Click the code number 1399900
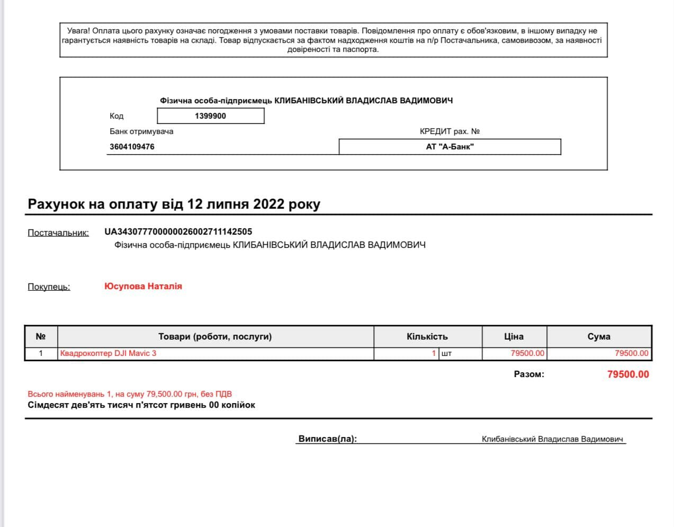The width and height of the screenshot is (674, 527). pyautogui.click(x=210, y=116)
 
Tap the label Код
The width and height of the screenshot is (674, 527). pyautogui.click(x=116, y=116)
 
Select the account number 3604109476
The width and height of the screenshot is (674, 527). pyautogui.click(x=132, y=147)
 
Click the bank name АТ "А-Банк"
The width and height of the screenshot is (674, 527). pyautogui.click(x=450, y=147)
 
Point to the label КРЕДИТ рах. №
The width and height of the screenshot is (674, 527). pyautogui.click(x=450, y=131)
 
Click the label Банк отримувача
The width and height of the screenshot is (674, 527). pyautogui.click(x=141, y=131)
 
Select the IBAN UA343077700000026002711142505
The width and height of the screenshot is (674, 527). pyautogui.click(x=178, y=231)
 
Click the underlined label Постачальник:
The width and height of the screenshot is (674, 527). pyautogui.click(x=58, y=233)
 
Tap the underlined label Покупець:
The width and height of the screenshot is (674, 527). pyautogui.click(x=49, y=287)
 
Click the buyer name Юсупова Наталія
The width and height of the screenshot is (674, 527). pyautogui.click(x=143, y=286)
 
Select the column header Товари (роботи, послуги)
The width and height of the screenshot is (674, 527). pyautogui.click(x=215, y=336)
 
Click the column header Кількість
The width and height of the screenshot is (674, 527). pyautogui.click(x=427, y=336)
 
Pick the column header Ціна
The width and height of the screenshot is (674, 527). pyautogui.click(x=514, y=336)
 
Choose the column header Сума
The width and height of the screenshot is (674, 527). pyautogui.click(x=599, y=336)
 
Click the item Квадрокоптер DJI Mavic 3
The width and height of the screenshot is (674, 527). pyautogui.click(x=108, y=353)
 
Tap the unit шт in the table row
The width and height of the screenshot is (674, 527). pyautogui.click(x=446, y=353)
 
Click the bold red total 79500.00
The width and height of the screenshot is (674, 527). pyautogui.click(x=628, y=374)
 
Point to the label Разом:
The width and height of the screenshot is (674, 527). pyautogui.click(x=529, y=374)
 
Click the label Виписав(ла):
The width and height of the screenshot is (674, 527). pyautogui.click(x=328, y=439)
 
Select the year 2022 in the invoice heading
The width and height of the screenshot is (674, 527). pyautogui.click(x=269, y=204)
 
